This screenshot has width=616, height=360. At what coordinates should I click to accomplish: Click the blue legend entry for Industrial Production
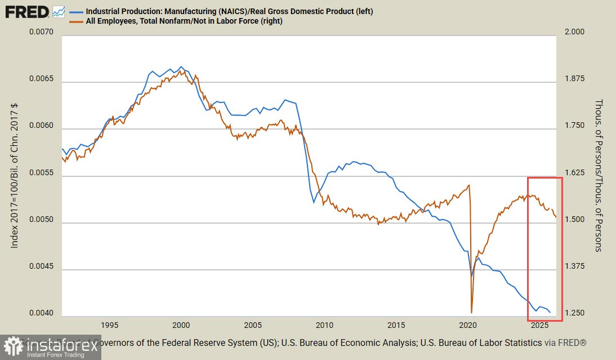tap(229, 11)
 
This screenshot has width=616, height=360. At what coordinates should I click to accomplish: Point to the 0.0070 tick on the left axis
tap(41, 32)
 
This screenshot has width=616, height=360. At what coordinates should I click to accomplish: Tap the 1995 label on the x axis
tap(109, 326)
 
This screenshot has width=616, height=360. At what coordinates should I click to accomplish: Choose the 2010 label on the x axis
tap(325, 326)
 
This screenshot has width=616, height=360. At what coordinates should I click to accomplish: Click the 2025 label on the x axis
tap(540, 326)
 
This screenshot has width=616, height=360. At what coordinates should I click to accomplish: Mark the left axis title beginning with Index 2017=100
tap(15, 175)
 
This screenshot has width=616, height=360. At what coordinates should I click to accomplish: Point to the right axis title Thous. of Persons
tap(598, 175)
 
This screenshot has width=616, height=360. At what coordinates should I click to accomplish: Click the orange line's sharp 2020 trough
tap(471, 312)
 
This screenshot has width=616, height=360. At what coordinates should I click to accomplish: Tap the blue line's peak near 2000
tap(181, 66)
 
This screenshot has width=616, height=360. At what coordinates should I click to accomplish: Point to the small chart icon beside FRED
tap(59, 11)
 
